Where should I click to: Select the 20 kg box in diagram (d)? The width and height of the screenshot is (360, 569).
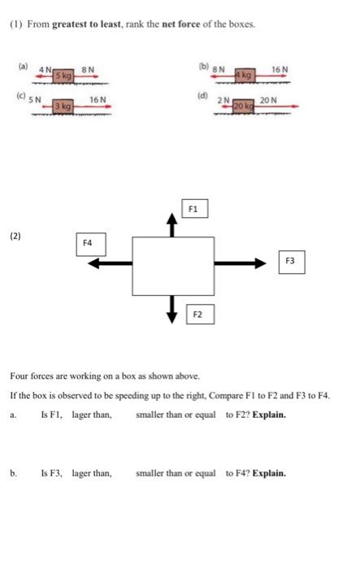(x=243, y=106)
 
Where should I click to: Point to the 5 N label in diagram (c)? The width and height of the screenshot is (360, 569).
(x=36, y=99)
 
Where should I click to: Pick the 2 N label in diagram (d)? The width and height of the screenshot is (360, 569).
(x=223, y=100)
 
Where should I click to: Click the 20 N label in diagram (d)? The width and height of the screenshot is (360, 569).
(x=268, y=99)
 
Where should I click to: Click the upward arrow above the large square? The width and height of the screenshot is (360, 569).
(x=171, y=224)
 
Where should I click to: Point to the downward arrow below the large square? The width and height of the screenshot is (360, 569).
(x=171, y=308)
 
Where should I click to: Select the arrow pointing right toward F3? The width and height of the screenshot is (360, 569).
(x=241, y=263)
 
